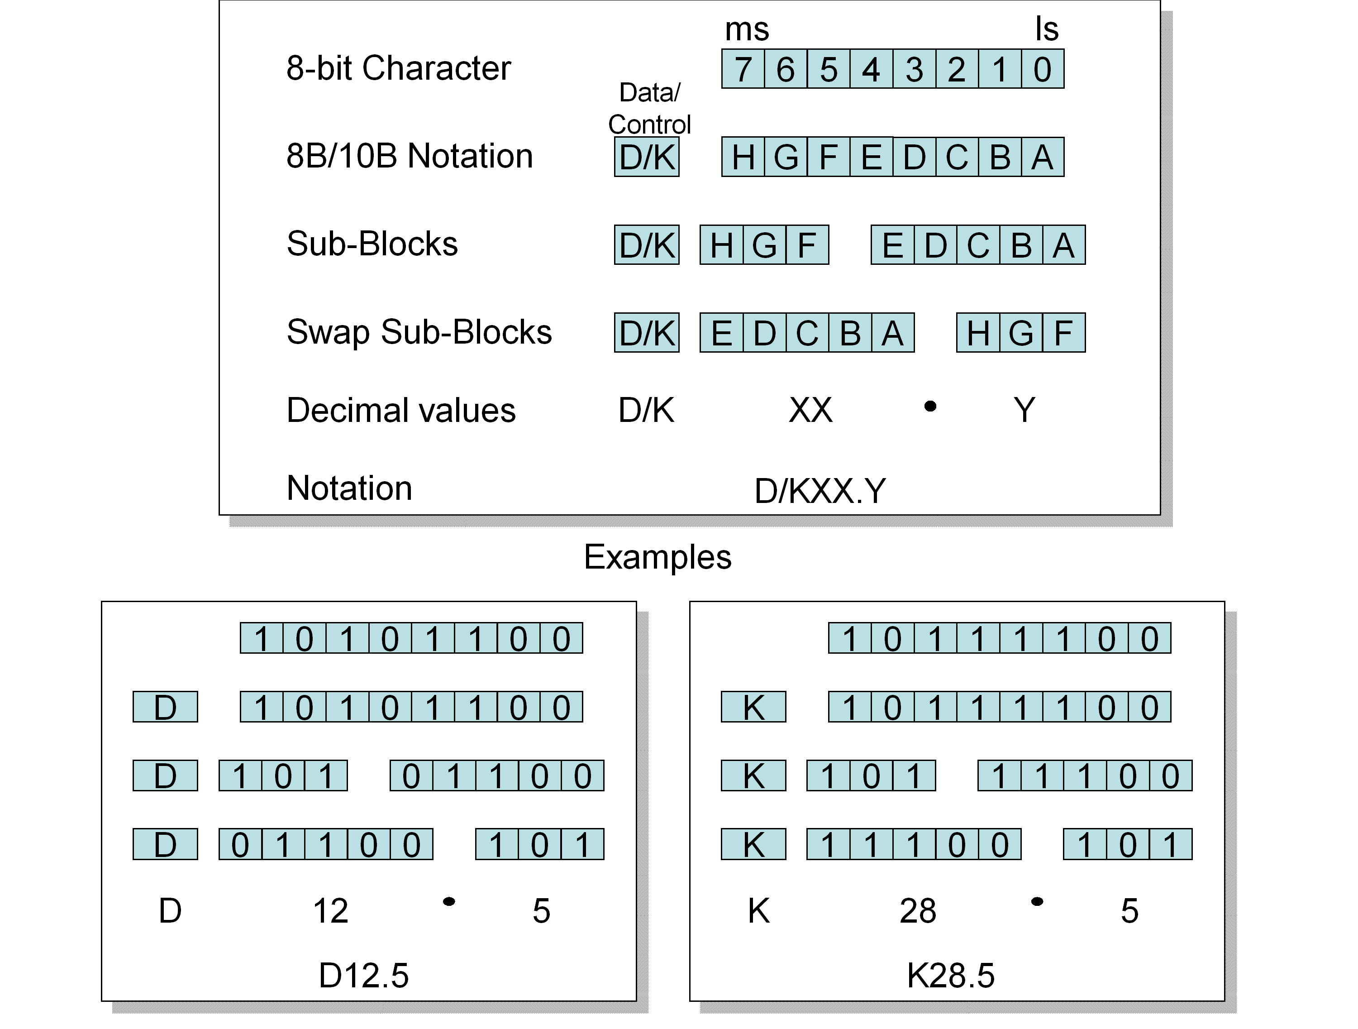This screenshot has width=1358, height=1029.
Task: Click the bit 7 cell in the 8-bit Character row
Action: tap(743, 69)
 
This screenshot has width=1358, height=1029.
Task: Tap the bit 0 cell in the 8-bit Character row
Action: tap(1043, 69)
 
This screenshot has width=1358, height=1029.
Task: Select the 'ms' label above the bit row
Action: tap(747, 29)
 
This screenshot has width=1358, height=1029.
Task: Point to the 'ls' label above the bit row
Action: tap(1047, 29)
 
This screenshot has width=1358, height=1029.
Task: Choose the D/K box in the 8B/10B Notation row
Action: tap(647, 157)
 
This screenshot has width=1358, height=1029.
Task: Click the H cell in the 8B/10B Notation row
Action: tap(743, 157)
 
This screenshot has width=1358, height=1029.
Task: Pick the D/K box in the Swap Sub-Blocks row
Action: tap(647, 332)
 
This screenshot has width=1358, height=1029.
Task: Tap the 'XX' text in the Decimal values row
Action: tap(810, 410)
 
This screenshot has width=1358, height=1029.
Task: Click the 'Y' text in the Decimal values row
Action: tap(1024, 410)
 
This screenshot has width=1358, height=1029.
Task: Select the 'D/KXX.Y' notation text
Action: tap(820, 491)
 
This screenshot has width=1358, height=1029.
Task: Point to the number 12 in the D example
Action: tap(330, 910)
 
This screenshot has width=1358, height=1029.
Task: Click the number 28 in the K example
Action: tap(918, 910)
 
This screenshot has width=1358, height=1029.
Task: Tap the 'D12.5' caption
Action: tap(363, 975)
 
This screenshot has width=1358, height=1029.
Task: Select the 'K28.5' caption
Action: tap(950, 975)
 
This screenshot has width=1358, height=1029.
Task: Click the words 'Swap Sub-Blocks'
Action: tap(419, 332)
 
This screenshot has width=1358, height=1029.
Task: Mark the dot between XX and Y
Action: tap(930, 406)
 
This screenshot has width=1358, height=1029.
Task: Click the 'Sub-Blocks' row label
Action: tap(372, 244)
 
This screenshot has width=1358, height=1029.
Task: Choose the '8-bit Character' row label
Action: tap(398, 68)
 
